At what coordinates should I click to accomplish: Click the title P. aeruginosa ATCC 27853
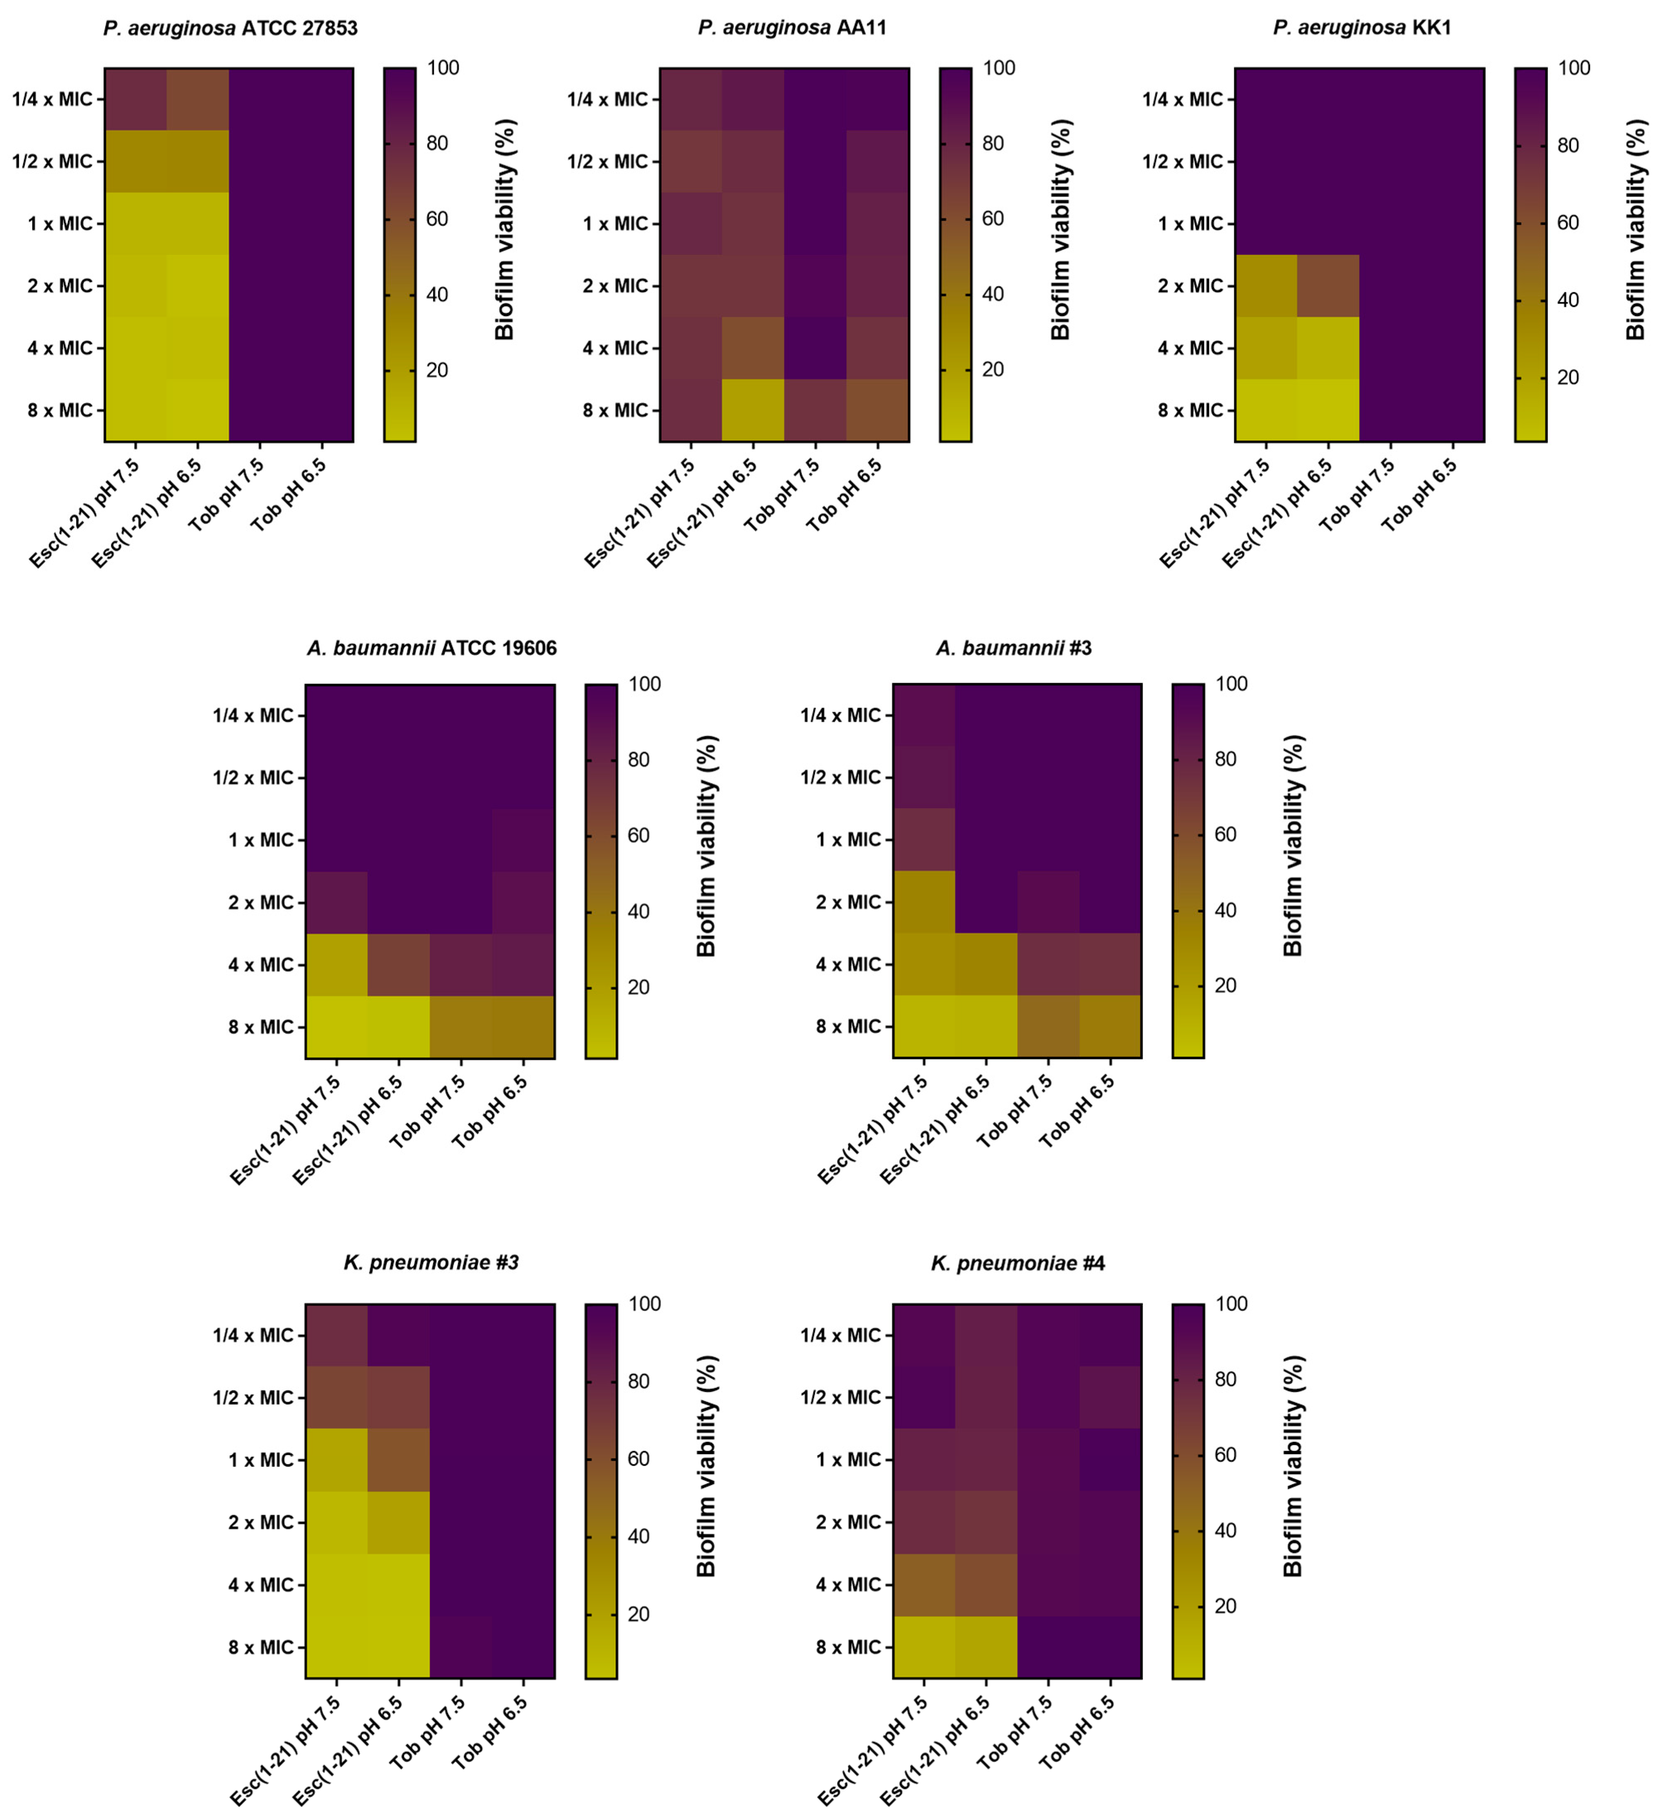(x=230, y=28)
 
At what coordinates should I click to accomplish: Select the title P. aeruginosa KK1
(x=1362, y=28)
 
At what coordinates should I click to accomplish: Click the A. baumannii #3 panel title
(x=1014, y=648)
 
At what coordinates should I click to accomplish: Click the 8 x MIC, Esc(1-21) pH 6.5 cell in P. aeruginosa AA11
(x=753, y=410)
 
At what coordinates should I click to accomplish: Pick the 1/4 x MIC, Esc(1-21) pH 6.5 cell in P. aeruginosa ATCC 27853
(x=198, y=99)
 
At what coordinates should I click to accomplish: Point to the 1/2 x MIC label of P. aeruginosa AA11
(x=607, y=162)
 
